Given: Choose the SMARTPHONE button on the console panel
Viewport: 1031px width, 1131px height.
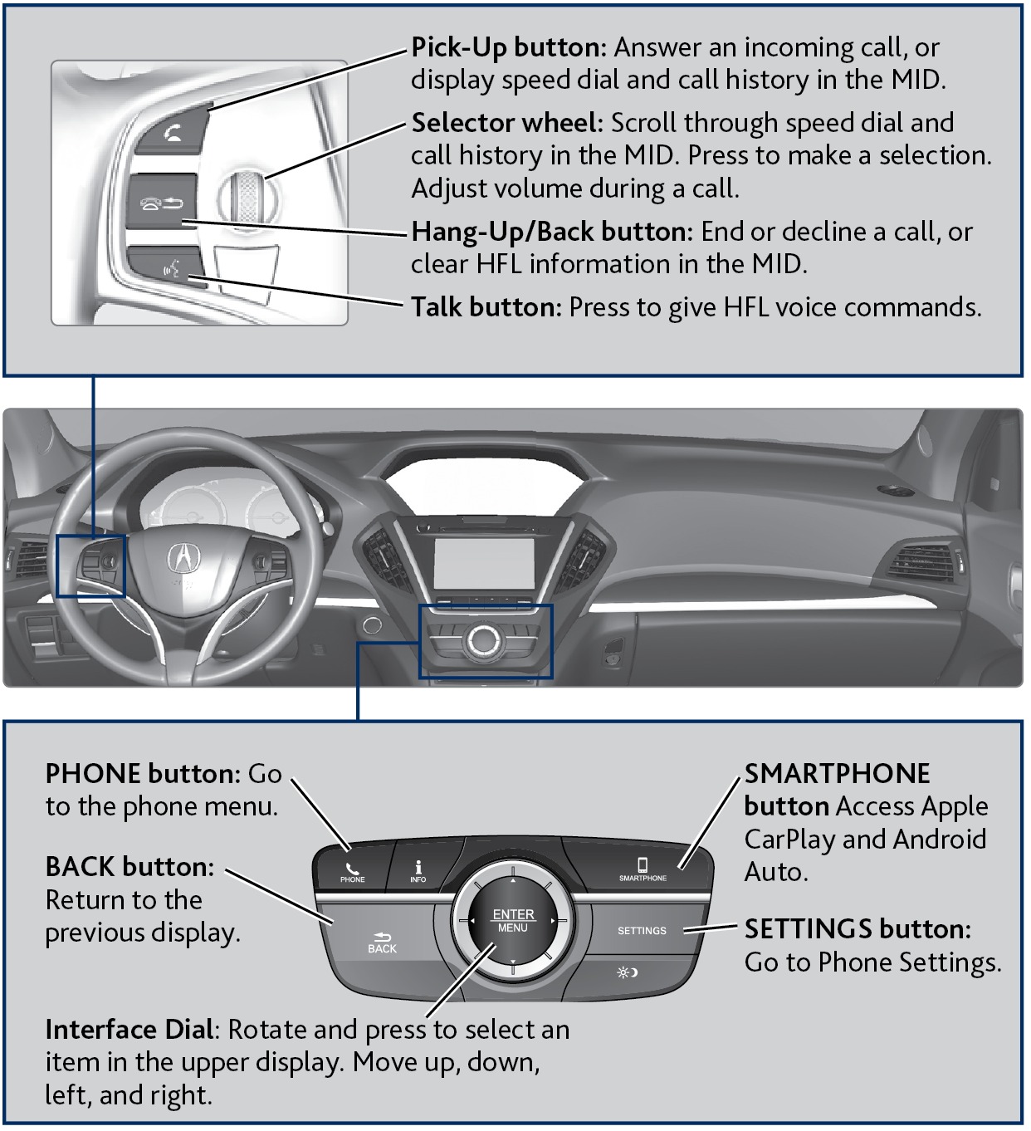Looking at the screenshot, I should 643,869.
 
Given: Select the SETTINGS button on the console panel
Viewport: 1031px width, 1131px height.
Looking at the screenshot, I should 642,931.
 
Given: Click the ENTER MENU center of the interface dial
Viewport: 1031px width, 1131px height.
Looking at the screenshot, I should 513,920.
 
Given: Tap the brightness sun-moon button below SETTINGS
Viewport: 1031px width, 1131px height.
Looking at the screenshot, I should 628,972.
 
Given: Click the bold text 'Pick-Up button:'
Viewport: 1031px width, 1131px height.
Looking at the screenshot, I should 509,47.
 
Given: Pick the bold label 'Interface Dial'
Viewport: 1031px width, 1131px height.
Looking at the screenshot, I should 130,1030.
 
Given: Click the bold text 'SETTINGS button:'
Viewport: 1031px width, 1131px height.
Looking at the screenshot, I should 858,928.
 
